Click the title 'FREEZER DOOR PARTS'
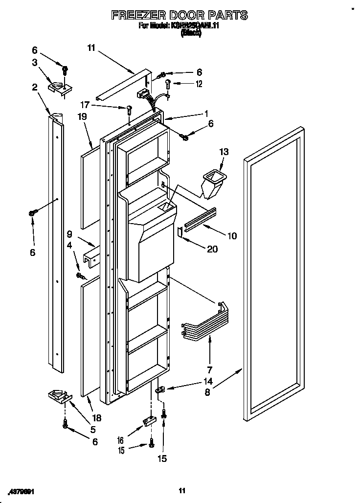pyautogui.click(x=180, y=15)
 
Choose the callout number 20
pyautogui.click(x=212, y=249)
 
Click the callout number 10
pyautogui.click(x=231, y=236)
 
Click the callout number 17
pyautogui.click(x=85, y=104)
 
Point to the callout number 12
pyautogui.click(x=199, y=84)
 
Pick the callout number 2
pyautogui.click(x=35, y=87)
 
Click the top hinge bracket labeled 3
pyautogui.click(x=59, y=88)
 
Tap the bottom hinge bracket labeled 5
pyautogui.click(x=58, y=395)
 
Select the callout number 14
pyautogui.click(x=208, y=381)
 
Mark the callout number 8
pyautogui.click(x=208, y=392)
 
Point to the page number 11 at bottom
pyautogui.click(x=181, y=491)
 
